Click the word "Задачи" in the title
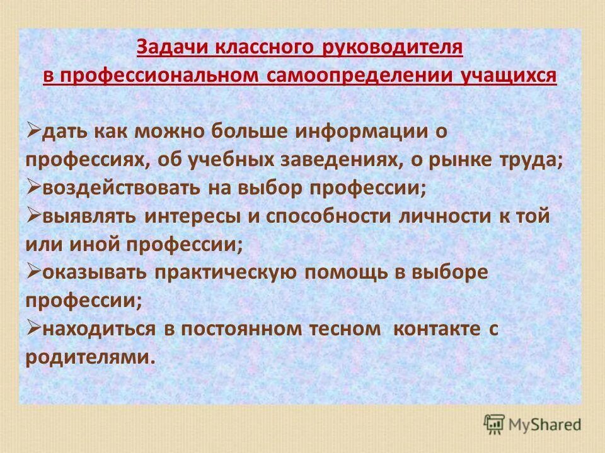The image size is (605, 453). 165,48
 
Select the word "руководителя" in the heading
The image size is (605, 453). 392,48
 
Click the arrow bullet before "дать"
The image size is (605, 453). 33,130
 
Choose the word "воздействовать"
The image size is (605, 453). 125,187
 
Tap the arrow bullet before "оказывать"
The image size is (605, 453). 33,271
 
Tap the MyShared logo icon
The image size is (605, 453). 495,424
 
